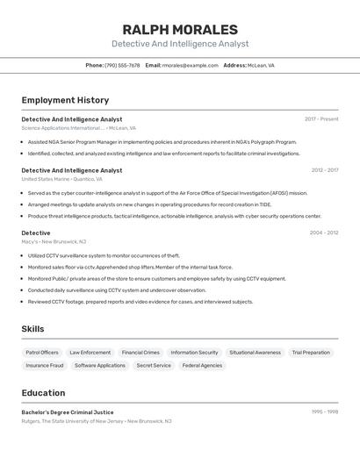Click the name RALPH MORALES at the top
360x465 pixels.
pyautogui.click(x=180, y=30)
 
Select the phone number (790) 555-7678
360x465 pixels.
pyautogui.click(x=122, y=65)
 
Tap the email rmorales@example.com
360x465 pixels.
pyautogui.click(x=190, y=65)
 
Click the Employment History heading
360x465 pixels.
pyautogui.click(x=65, y=100)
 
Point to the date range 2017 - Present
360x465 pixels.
pyautogui.click(x=321, y=119)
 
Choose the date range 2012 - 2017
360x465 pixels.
pyautogui.click(x=325, y=170)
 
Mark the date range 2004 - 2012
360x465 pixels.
pyautogui.click(x=324, y=232)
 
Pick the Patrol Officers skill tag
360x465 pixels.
pyautogui.click(x=42, y=353)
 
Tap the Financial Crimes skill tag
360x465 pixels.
pyautogui.click(x=140, y=353)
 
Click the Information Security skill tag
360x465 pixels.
pyautogui.click(x=194, y=353)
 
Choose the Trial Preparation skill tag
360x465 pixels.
pyautogui.click(x=311, y=353)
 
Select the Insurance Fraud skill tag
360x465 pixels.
pyautogui.click(x=44, y=365)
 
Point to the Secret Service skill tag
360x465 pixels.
pyautogui.click(x=154, y=365)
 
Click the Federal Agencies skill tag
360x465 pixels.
pyautogui.click(x=202, y=365)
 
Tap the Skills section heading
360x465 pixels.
pyautogui.click(x=32, y=329)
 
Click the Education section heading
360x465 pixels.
pyautogui.click(x=43, y=392)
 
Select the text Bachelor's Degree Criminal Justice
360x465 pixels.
pyautogui.click(x=68, y=411)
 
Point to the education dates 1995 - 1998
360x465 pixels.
pyautogui.click(x=325, y=411)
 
